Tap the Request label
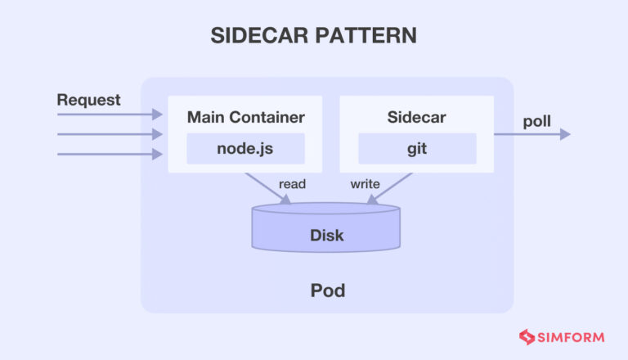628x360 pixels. pos(88,100)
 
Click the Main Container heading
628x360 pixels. pos(245,116)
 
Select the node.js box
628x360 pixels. pos(245,149)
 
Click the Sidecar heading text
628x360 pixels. pos(416,116)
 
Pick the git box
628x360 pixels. pos(416,149)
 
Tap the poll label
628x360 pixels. pos(536,122)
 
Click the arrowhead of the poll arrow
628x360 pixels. pos(565,134)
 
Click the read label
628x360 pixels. pos(292,184)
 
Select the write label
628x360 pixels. pos(365,184)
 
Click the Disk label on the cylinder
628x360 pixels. pos(326,236)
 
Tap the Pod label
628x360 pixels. pos(326,290)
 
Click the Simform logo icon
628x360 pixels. pos(526,335)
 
